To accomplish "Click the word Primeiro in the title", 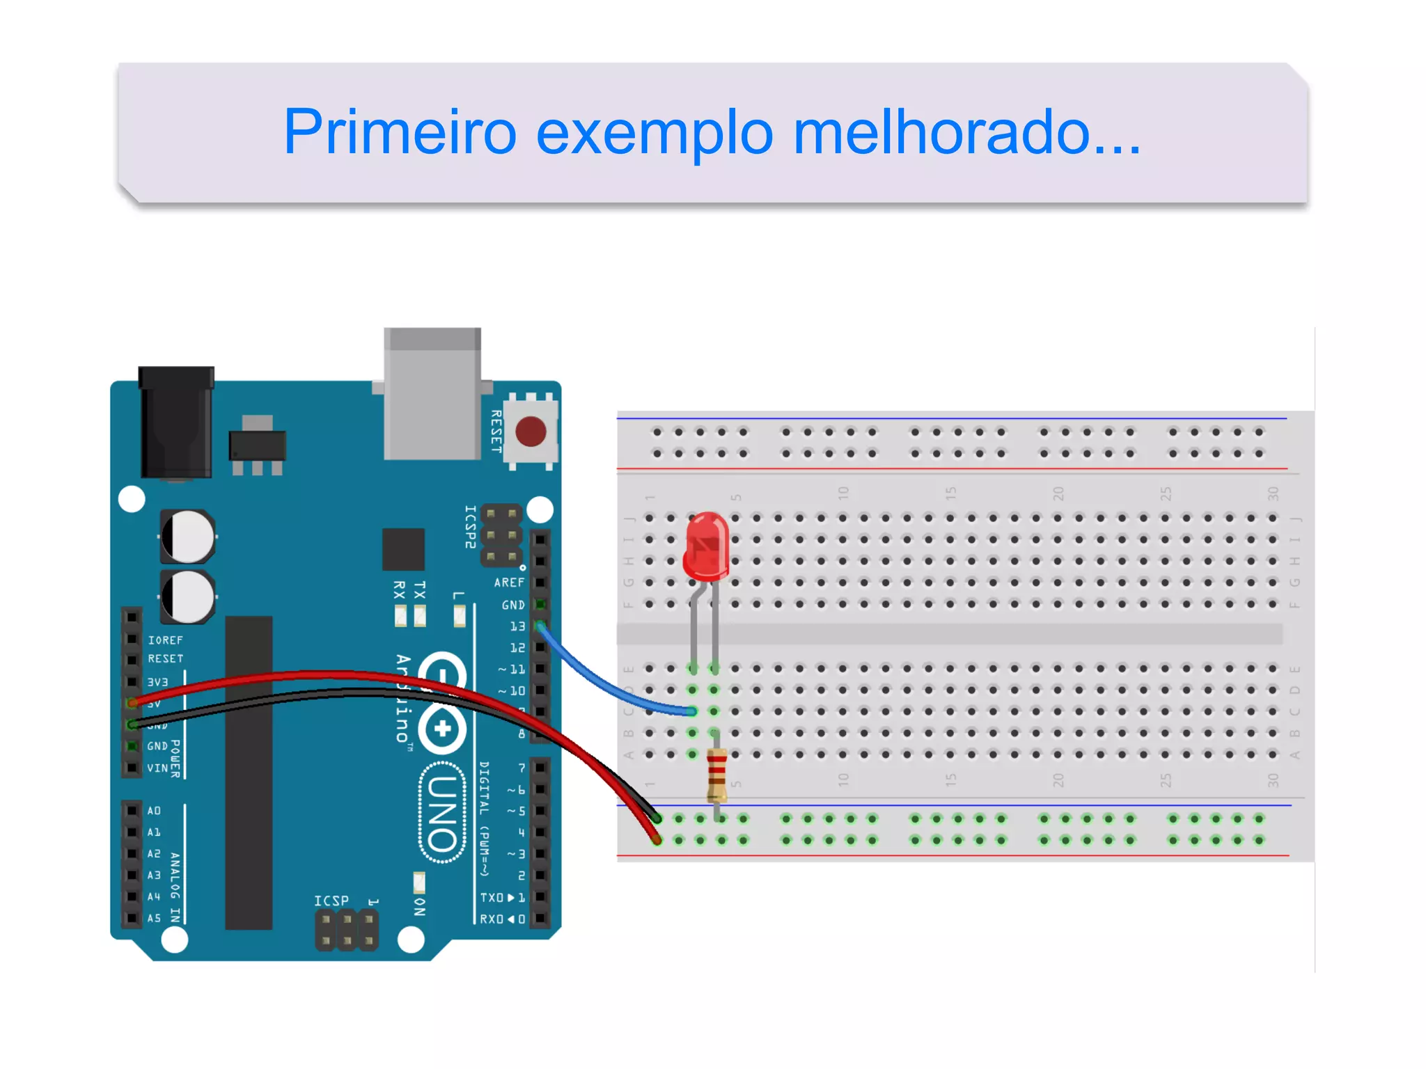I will [400, 132].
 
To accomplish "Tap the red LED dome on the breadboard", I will [707, 546].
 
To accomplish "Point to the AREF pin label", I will [509, 583].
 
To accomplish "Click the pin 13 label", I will [517, 626].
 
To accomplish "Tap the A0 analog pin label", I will [154, 811].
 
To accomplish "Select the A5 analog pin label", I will [154, 919].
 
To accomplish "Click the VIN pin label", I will [157, 768].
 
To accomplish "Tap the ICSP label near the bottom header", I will [331, 901].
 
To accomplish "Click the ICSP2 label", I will [471, 527].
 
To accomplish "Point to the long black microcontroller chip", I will [249, 773].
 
